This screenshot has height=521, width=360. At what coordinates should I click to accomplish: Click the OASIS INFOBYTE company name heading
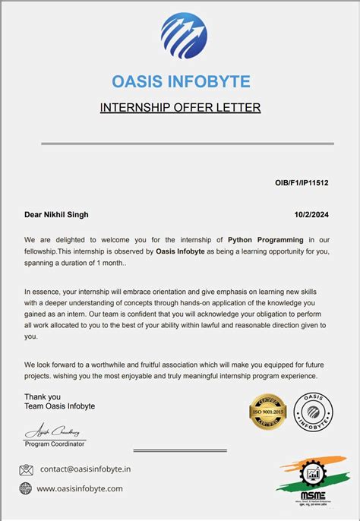pyautogui.click(x=180, y=81)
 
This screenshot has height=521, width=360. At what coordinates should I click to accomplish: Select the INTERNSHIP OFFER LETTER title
pyautogui.click(x=180, y=108)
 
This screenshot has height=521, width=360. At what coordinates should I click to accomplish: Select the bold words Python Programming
pyautogui.click(x=265, y=240)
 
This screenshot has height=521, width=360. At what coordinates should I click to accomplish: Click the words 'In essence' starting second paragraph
pyautogui.click(x=43, y=291)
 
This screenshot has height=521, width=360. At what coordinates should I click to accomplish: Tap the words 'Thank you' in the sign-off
pyautogui.click(x=43, y=396)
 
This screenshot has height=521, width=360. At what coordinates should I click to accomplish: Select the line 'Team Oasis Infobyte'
pyautogui.click(x=60, y=406)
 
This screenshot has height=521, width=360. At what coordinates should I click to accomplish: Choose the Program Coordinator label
pyautogui.click(x=55, y=444)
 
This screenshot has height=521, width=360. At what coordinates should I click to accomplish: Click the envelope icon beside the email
pyautogui.click(x=26, y=470)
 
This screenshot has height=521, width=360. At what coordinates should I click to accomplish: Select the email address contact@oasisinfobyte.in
pyautogui.click(x=85, y=470)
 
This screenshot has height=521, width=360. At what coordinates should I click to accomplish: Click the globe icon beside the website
pyautogui.click(x=26, y=488)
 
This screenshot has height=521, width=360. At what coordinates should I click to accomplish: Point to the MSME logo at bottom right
pyautogui.click(x=311, y=482)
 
